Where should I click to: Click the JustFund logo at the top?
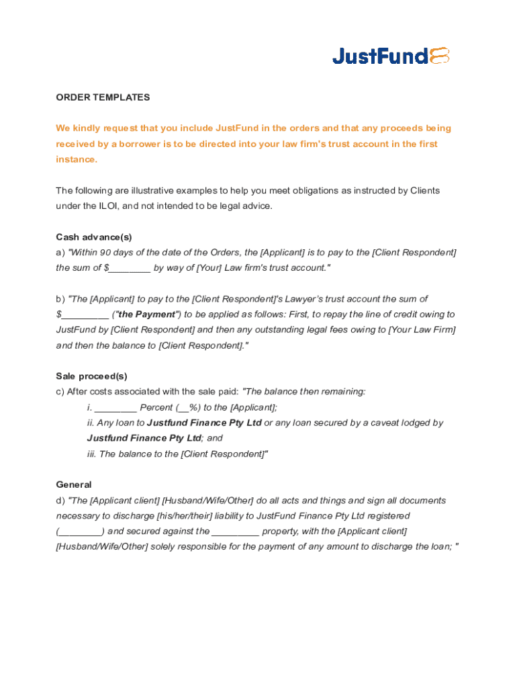(x=391, y=56)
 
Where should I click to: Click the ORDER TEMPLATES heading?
(x=103, y=97)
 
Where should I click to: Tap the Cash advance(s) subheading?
(x=94, y=237)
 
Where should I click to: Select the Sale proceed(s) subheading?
(x=91, y=376)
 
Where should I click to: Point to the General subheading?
(x=74, y=484)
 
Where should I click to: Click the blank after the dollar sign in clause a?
(x=130, y=268)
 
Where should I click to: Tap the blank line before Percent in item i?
(x=115, y=408)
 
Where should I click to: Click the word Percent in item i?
(x=156, y=408)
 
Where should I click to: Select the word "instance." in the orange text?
(x=77, y=160)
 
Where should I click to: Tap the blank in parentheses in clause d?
(x=80, y=531)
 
